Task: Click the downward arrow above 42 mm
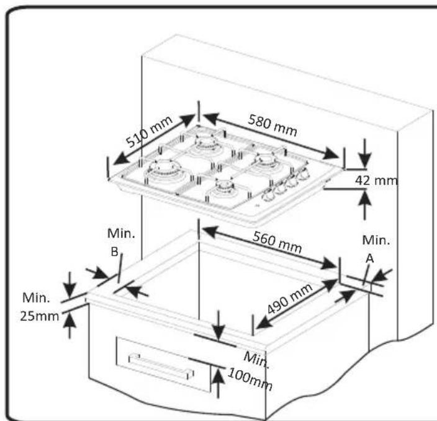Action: click(364, 149)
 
